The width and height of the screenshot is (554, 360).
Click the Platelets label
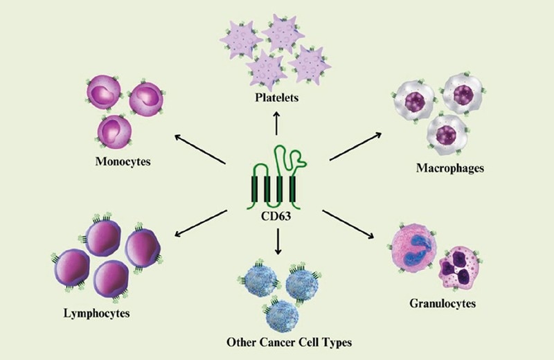(276, 98)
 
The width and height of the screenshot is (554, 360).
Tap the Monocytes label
(124, 163)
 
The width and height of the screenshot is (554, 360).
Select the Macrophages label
(449, 168)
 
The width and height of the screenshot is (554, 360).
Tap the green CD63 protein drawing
(276, 177)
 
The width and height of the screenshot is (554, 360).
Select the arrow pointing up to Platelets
(277, 123)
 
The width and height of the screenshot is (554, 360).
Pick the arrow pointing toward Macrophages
(357, 146)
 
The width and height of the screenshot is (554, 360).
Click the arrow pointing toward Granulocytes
(357, 224)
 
